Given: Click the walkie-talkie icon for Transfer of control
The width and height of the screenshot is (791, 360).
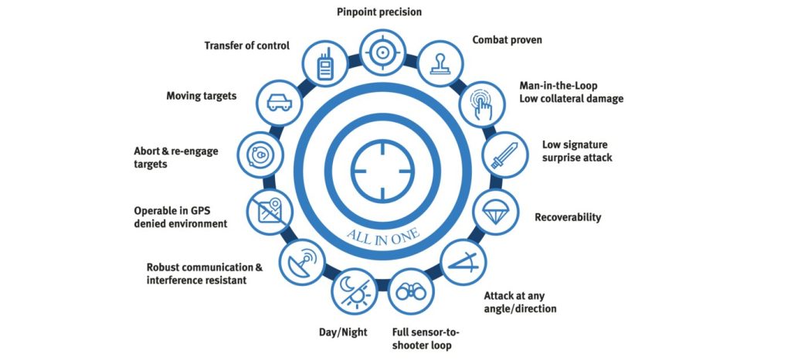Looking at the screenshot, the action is pyautogui.click(x=325, y=63).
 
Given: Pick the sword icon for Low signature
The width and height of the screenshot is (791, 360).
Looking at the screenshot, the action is pyautogui.click(x=505, y=155).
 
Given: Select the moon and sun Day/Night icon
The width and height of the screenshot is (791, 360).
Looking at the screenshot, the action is pyautogui.click(x=355, y=290).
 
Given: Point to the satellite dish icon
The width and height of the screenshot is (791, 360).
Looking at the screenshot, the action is pyautogui.click(x=302, y=262).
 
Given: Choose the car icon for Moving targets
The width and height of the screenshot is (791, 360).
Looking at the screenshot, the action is pyautogui.click(x=279, y=102).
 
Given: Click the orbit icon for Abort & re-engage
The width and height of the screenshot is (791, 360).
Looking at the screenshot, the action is pyautogui.click(x=260, y=155).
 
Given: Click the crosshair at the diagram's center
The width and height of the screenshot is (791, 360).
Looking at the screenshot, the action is pyautogui.click(x=382, y=171).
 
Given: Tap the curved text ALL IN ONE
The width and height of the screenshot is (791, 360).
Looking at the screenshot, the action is pyautogui.click(x=382, y=234).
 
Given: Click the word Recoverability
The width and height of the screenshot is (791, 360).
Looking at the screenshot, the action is pyautogui.click(x=568, y=218).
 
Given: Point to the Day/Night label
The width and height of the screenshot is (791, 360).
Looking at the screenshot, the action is pyautogui.click(x=343, y=331).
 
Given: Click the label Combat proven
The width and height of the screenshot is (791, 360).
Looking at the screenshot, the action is pyautogui.click(x=507, y=39).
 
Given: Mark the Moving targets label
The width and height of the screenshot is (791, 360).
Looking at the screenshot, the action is pyautogui.click(x=202, y=95).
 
